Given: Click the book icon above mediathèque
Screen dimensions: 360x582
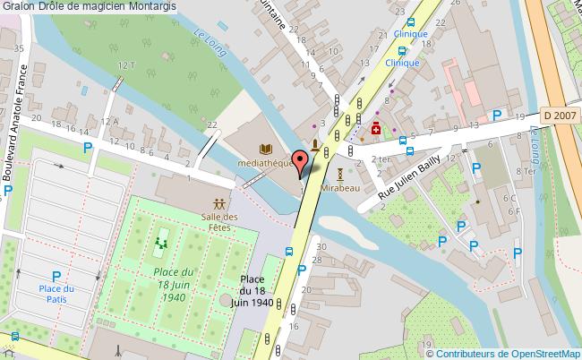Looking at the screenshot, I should pos(264,149).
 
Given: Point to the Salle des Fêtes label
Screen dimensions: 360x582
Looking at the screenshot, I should pos(219,222).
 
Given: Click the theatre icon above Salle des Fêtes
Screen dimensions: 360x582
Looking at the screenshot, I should pos(219,203).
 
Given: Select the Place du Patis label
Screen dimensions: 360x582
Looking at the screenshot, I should pos(56,294).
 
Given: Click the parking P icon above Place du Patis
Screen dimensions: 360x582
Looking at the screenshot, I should pos(56,277).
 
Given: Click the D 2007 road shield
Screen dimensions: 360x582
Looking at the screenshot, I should pos(559,115).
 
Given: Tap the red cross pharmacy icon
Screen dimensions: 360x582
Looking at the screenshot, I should pos(377,127).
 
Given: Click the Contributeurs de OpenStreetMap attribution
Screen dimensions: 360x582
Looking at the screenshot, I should pos(504,353).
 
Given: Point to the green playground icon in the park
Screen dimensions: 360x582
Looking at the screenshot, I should pos(162,242).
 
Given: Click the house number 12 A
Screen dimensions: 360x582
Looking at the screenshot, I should pos(110,121).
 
